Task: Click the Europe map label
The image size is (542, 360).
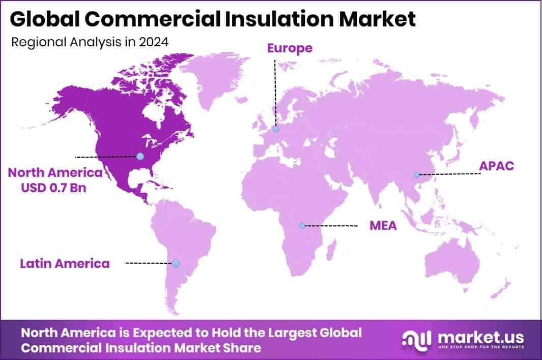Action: (290, 48)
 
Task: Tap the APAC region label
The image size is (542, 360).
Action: (497, 166)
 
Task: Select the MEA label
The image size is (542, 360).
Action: (383, 225)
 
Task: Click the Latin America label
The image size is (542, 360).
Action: (65, 263)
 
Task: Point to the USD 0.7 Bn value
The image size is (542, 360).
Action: (54, 188)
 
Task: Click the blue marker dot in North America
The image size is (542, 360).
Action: (140, 156)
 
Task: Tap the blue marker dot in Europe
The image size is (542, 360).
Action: (275, 129)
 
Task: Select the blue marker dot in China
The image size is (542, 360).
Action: (417, 174)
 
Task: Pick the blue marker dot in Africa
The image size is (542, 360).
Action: (302, 225)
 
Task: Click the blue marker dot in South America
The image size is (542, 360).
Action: (176, 263)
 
